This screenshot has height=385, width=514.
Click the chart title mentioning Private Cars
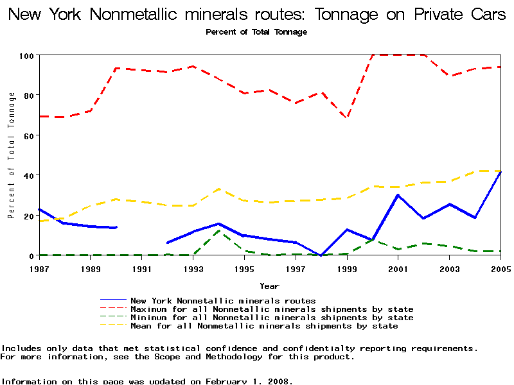pyautogui.click(x=257, y=15)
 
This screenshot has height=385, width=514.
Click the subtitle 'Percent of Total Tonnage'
pyautogui.click(x=256, y=31)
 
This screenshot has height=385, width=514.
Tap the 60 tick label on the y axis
pyautogui.click(x=28, y=135)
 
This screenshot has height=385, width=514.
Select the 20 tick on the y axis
pyautogui.click(x=28, y=216)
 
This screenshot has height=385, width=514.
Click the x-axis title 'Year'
pyautogui.click(x=269, y=286)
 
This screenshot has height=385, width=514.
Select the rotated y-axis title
pyautogui.click(x=12, y=155)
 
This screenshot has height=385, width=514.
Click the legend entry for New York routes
pyautogui.click(x=223, y=300)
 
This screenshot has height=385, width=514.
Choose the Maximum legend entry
pyautogui.click(x=272, y=309)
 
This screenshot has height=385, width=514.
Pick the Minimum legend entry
pyautogui.click(x=272, y=318)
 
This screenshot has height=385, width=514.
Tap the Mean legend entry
pyautogui.click(x=264, y=326)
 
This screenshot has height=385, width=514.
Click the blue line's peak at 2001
pyautogui.click(x=398, y=195)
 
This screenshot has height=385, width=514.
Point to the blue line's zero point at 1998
pyautogui.click(x=321, y=255)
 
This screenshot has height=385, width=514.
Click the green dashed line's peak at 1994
pyautogui.click(x=218, y=230)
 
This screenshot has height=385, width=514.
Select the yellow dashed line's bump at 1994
pyautogui.click(x=218, y=189)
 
